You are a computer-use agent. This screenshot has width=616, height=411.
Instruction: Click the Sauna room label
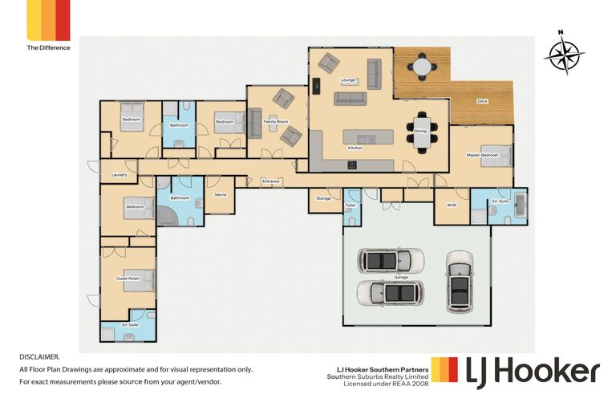(x=221, y=194)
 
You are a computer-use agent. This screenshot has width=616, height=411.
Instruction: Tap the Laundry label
(x=119, y=175)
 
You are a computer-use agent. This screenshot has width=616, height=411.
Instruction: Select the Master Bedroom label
(x=482, y=155)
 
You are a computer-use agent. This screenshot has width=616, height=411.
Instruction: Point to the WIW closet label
(x=452, y=205)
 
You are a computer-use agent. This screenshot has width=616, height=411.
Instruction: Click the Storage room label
(x=324, y=198)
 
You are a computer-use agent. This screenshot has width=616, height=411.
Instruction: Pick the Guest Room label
(x=128, y=279)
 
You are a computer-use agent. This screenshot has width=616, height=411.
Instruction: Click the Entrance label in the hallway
(x=270, y=181)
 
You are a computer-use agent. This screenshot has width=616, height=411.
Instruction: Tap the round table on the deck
(x=422, y=67)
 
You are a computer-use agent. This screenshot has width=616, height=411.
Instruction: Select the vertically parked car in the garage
(x=460, y=282)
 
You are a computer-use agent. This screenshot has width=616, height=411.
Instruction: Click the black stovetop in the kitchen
(x=352, y=165)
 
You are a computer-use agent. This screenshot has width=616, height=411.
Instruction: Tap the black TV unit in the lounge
(x=316, y=86)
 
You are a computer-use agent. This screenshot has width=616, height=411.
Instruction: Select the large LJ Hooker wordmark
(x=533, y=372)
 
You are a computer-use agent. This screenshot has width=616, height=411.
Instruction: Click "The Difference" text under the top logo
(x=49, y=47)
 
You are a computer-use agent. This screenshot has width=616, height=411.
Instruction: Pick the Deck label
(x=482, y=101)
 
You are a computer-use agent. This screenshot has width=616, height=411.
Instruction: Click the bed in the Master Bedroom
(x=496, y=156)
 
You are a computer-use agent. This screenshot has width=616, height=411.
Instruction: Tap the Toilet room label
(x=351, y=205)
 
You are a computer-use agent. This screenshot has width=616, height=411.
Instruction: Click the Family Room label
(x=276, y=121)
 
